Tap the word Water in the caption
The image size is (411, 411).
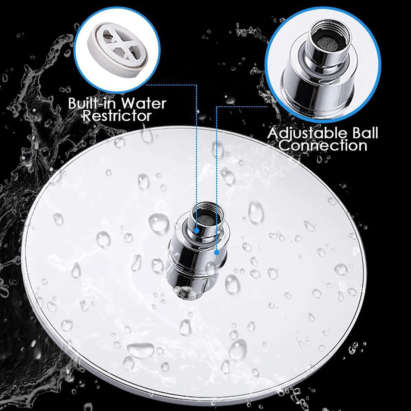[144, 103]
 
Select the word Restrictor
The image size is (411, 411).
[117, 116]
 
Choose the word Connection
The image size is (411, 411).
[323, 145]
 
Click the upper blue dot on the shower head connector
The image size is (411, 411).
[196, 231]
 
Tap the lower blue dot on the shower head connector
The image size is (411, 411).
[216, 252]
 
